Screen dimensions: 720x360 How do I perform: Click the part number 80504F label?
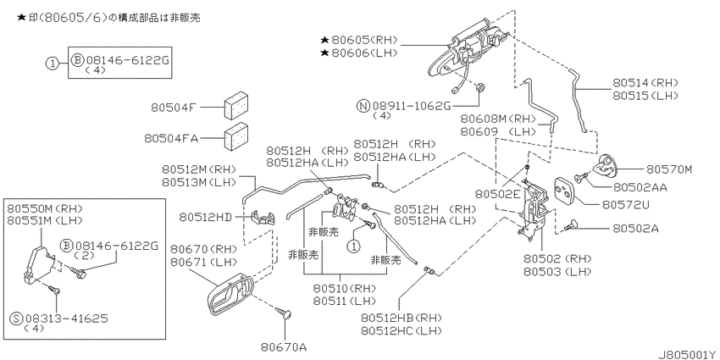pyautogui.click(x=174, y=108)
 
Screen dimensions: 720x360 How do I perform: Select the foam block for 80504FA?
pyautogui.click(x=236, y=136)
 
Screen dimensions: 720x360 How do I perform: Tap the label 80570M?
pyautogui.click(x=668, y=169)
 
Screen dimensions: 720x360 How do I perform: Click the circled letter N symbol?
pyautogui.click(x=363, y=106)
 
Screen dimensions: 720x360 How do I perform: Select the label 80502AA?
pyautogui.click(x=640, y=187)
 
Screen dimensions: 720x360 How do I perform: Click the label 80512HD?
pyautogui.click(x=206, y=216)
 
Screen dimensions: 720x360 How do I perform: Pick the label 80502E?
pyautogui.click(x=498, y=195)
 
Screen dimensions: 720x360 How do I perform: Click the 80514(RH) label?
pyautogui.click(x=645, y=83)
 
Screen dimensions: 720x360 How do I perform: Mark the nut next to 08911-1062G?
pyautogui.click(x=481, y=87)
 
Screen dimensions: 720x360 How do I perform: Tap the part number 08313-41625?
pyautogui.click(x=67, y=318)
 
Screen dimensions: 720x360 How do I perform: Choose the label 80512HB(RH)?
pyautogui.click(x=401, y=318)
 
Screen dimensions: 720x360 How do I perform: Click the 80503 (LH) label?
pyautogui.click(x=557, y=271)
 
